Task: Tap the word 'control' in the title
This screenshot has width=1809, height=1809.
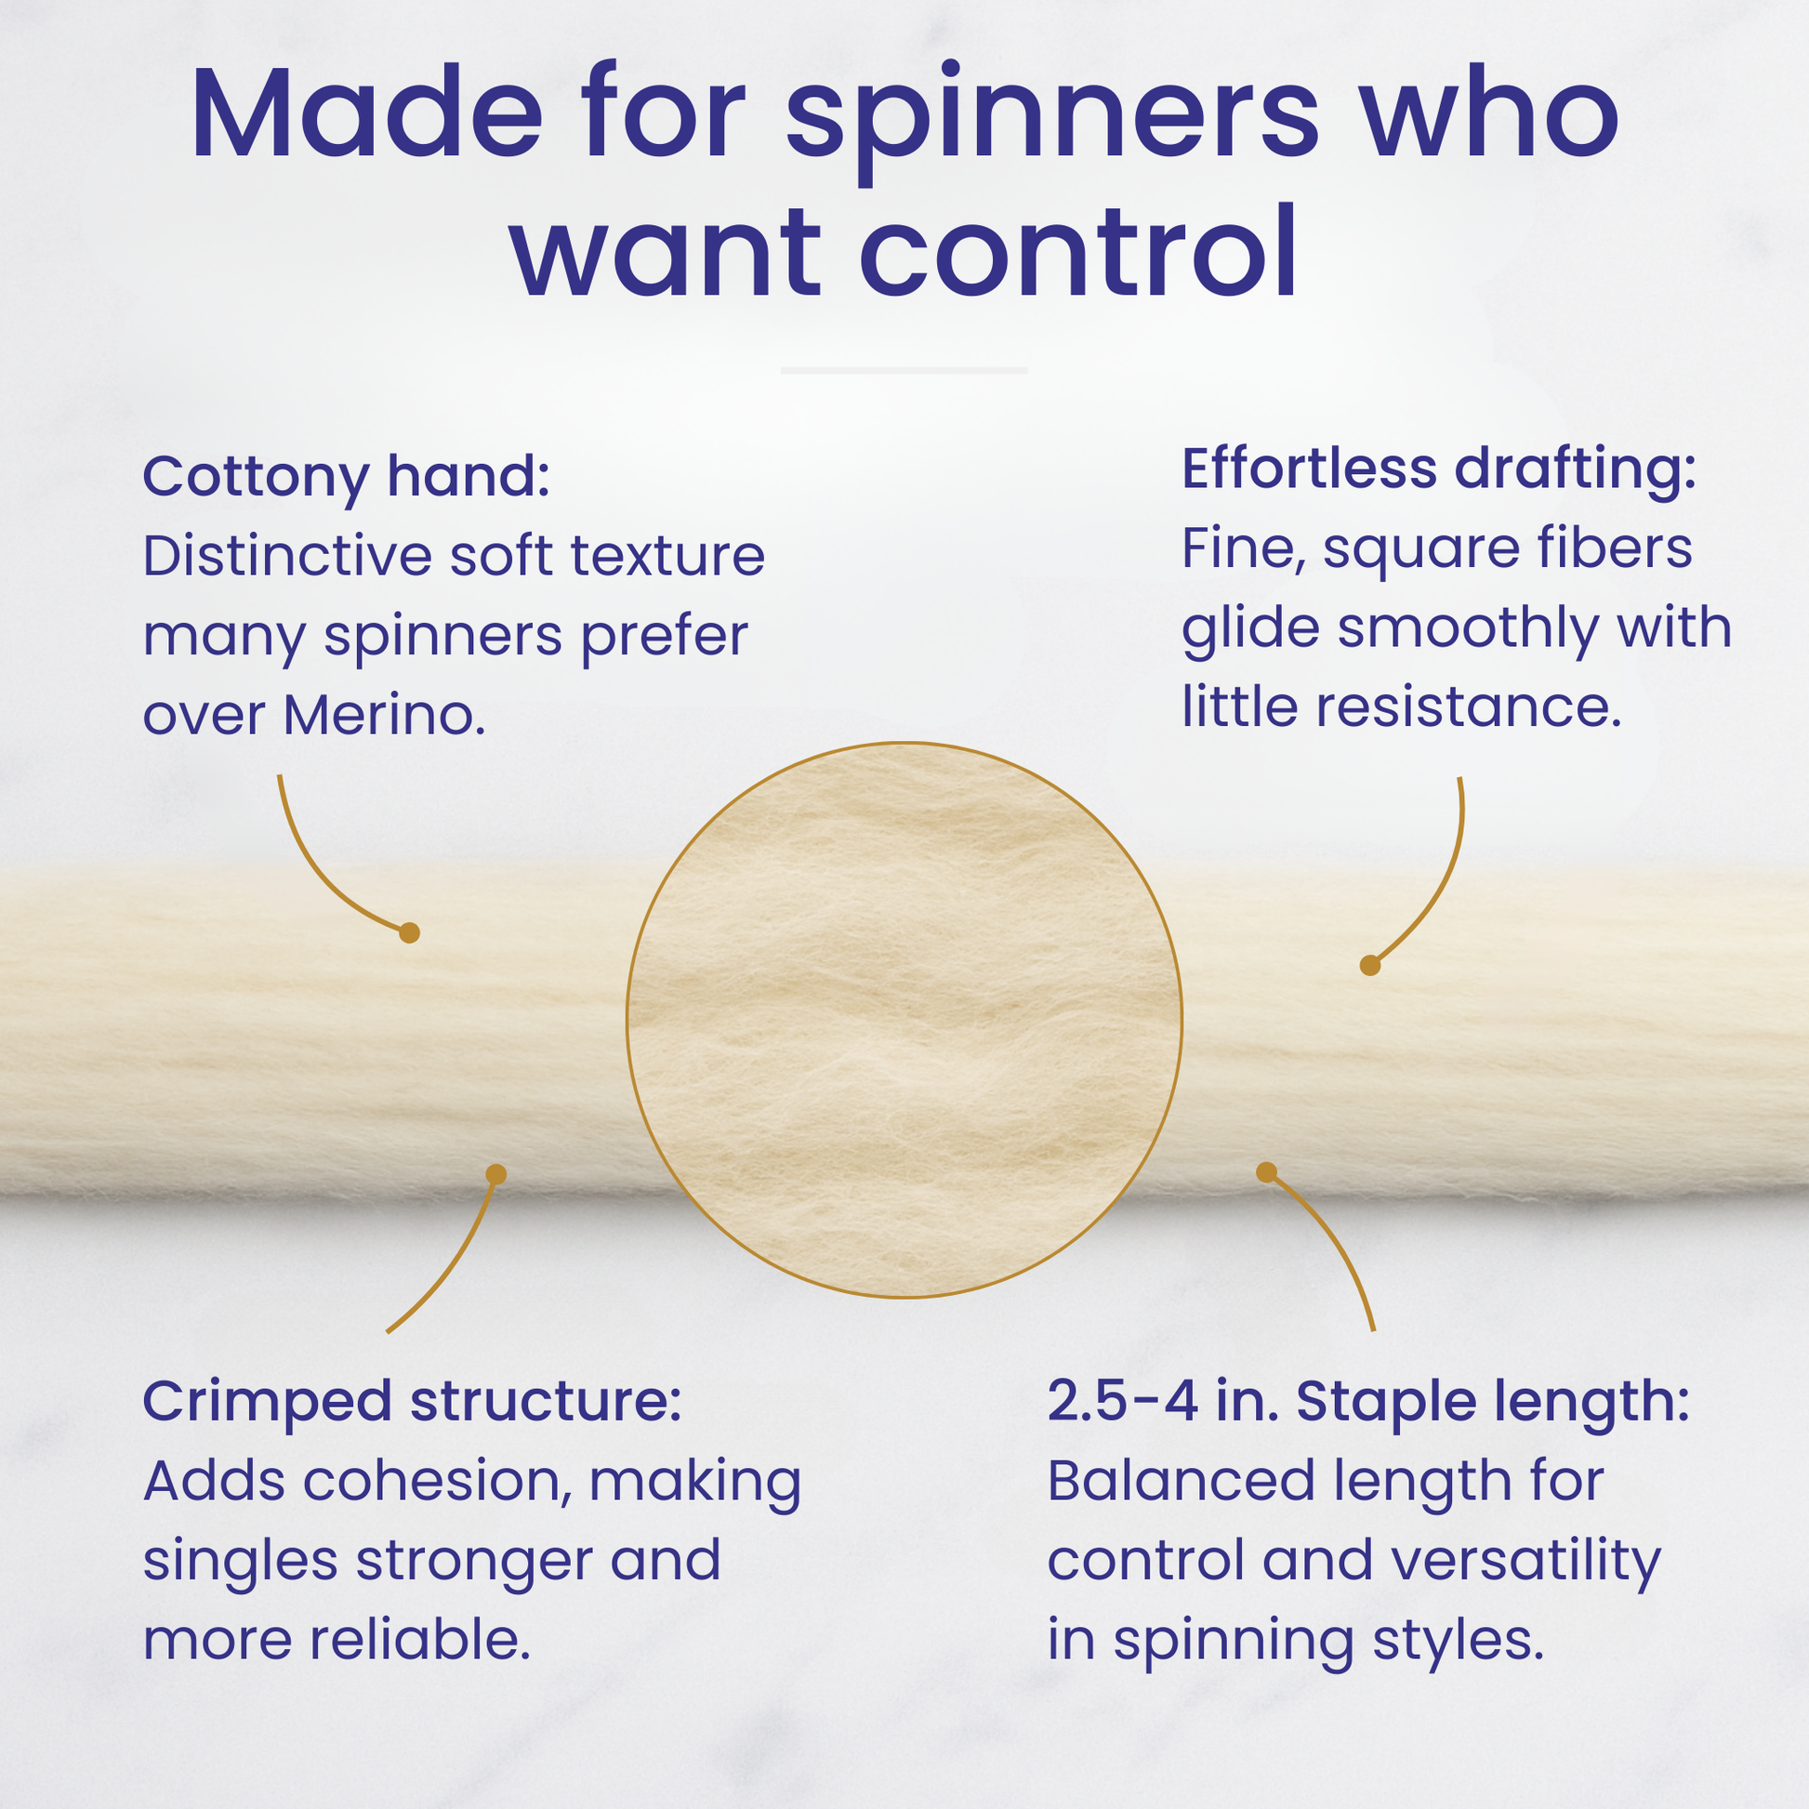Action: pos(1076,253)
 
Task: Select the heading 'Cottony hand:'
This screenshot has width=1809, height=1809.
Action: pos(347,479)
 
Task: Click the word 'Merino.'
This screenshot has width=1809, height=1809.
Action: pos(384,717)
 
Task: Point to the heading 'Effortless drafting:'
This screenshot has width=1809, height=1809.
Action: pos(1439,469)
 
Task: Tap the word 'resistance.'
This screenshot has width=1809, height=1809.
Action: pos(1468,707)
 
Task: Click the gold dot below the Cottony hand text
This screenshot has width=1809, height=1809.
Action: pos(409,932)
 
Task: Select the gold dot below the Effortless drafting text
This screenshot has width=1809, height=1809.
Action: pos(1370,965)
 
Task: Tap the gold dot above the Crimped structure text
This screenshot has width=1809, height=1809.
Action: pos(496,1175)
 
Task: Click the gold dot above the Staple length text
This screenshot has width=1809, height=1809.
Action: pos(1266,1172)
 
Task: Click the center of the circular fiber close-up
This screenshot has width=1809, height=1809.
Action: pos(904,1020)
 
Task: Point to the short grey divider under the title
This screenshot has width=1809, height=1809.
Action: pos(904,371)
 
